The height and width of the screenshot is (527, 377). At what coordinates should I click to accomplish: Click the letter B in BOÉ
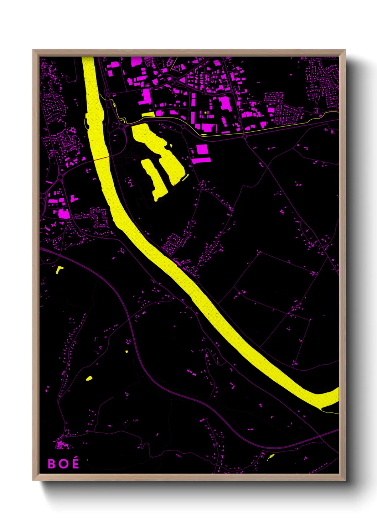click(x=52, y=464)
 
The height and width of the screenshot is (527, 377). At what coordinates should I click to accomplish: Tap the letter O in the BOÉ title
click(x=63, y=464)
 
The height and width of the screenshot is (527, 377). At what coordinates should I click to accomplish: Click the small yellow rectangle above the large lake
click(x=148, y=115)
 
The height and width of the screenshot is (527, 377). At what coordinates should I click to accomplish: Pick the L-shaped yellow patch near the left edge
click(x=59, y=270)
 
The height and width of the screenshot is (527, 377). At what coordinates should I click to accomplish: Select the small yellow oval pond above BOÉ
click(x=89, y=378)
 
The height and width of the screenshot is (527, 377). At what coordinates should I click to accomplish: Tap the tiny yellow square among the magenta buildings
click(x=206, y=113)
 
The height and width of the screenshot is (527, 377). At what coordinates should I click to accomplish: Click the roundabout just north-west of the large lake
click(x=122, y=126)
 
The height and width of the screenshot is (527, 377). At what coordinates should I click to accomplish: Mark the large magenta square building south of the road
click(x=202, y=149)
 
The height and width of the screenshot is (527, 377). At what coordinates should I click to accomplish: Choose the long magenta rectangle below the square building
click(x=201, y=161)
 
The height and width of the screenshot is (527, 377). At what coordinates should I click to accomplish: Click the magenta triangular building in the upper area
click(x=182, y=80)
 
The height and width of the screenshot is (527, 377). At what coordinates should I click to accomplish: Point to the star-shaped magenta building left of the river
click(x=73, y=130)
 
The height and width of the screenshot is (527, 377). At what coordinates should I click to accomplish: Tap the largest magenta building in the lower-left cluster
click(x=64, y=214)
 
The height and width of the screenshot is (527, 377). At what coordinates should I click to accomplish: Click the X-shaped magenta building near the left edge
click(x=53, y=225)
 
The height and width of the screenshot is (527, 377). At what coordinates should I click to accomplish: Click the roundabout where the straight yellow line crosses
click(x=244, y=136)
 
